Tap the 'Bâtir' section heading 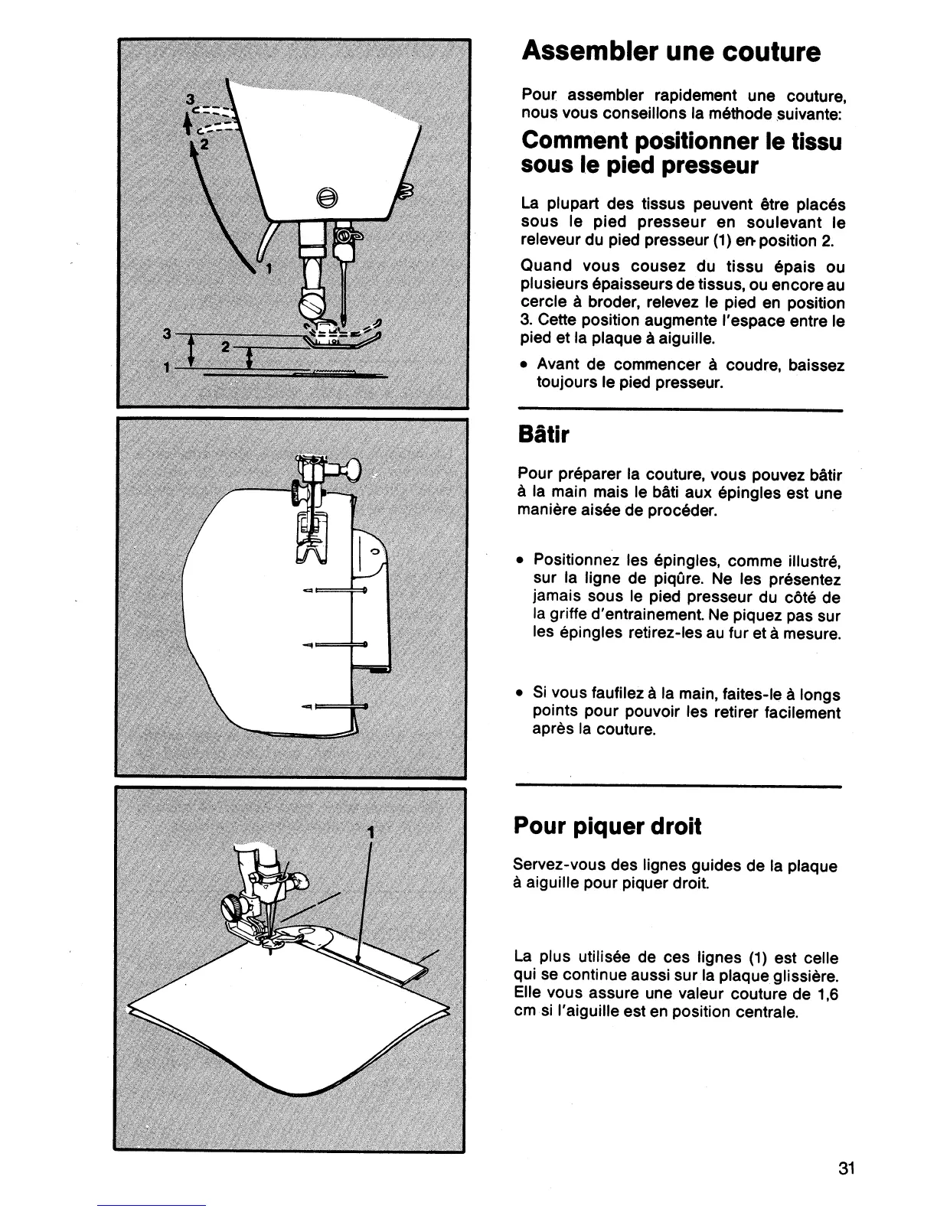pyautogui.click(x=544, y=435)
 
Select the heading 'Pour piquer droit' pyautogui.click(x=607, y=827)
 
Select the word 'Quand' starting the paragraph pyautogui.click(x=546, y=266)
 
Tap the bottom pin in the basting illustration pyautogui.click(x=335, y=705)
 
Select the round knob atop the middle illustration pyautogui.click(x=353, y=468)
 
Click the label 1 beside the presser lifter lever pyautogui.click(x=269, y=269)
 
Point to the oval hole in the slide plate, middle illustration pyautogui.click(x=374, y=550)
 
